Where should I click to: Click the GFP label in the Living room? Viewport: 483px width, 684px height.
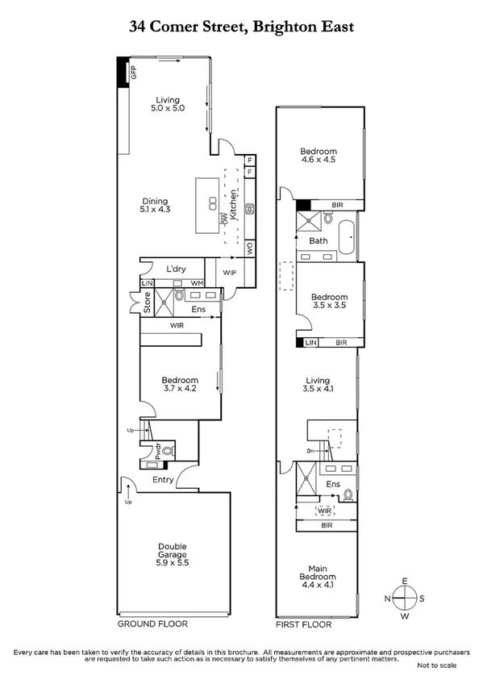[x=134, y=71]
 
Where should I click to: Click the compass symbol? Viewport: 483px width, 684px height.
[x=405, y=598]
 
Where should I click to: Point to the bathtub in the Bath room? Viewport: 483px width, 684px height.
[x=348, y=240]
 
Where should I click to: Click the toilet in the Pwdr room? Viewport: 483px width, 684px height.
[x=168, y=453]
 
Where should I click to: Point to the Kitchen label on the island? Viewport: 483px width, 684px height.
[x=234, y=205]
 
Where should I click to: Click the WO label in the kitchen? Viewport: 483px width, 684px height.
[x=250, y=248]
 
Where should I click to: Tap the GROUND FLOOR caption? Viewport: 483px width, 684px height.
[x=152, y=624]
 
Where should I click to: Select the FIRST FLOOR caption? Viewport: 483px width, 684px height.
[x=298, y=624]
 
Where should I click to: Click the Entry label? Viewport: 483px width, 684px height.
[x=164, y=481]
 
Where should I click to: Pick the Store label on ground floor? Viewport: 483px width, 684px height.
[x=148, y=304]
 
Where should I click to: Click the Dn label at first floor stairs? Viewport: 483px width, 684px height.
[x=310, y=452]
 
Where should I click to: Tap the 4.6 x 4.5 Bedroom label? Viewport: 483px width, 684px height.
[x=319, y=156]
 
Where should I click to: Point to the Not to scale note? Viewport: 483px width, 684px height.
[x=436, y=666]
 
